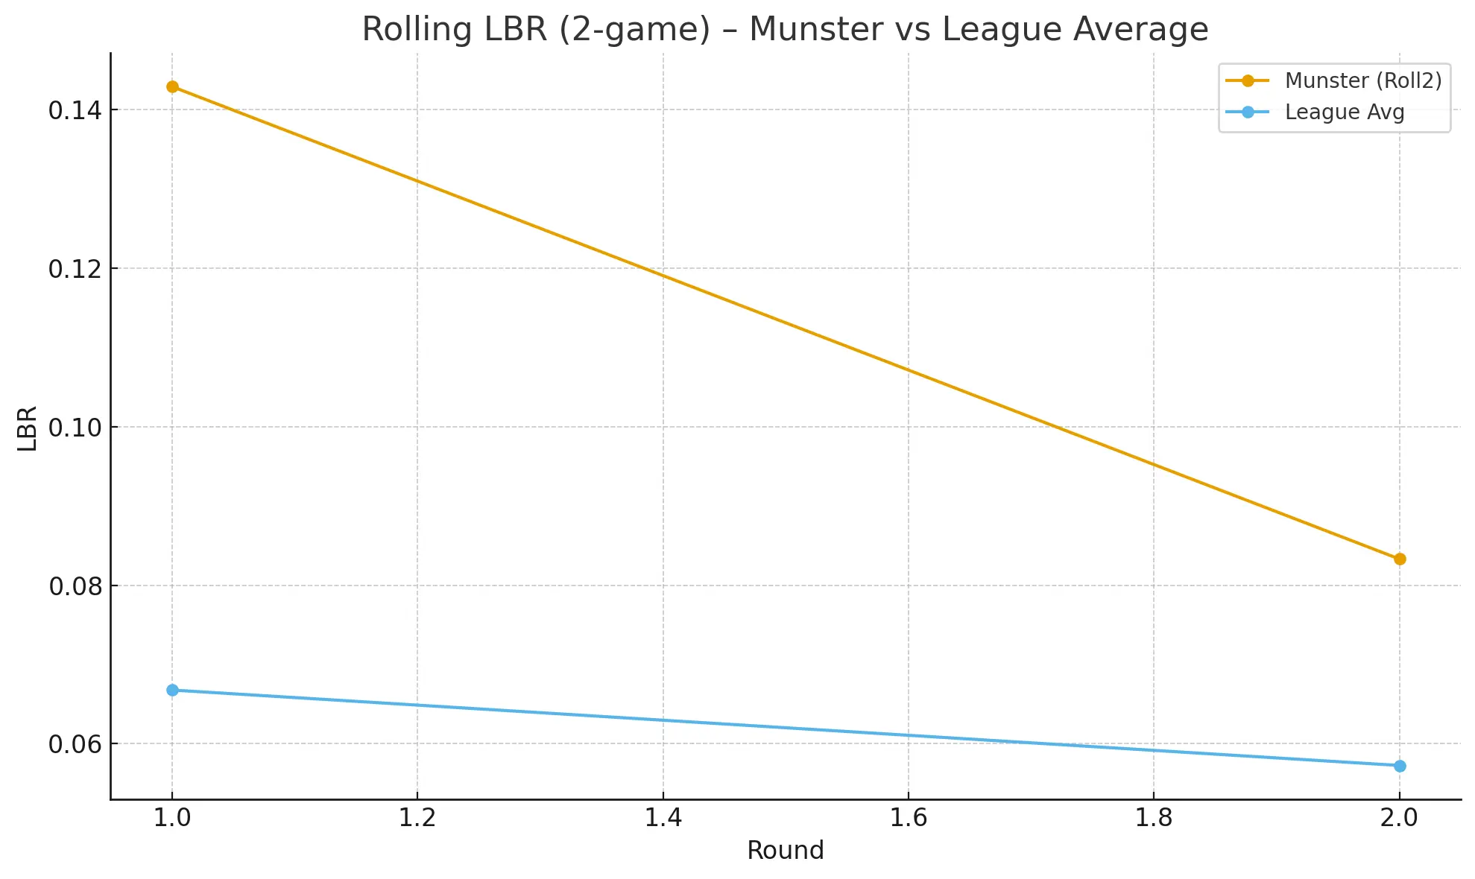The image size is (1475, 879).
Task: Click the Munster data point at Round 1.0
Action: click(172, 86)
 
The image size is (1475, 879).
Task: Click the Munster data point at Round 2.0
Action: click(1400, 559)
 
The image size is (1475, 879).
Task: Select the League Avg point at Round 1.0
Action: click(172, 690)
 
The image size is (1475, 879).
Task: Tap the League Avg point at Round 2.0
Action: click(1400, 766)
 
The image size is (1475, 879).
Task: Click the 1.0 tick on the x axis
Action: click(172, 818)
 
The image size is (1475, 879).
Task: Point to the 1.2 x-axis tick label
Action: click(417, 818)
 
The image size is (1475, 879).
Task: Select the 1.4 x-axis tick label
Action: click(663, 818)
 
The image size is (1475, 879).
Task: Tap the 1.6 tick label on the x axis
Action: click(909, 818)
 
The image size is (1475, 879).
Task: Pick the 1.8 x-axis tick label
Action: click(1154, 818)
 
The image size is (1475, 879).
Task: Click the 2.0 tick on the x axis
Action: click(1399, 818)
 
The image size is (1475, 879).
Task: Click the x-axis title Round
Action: click(786, 851)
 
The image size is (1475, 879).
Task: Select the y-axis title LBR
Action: click(28, 428)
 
